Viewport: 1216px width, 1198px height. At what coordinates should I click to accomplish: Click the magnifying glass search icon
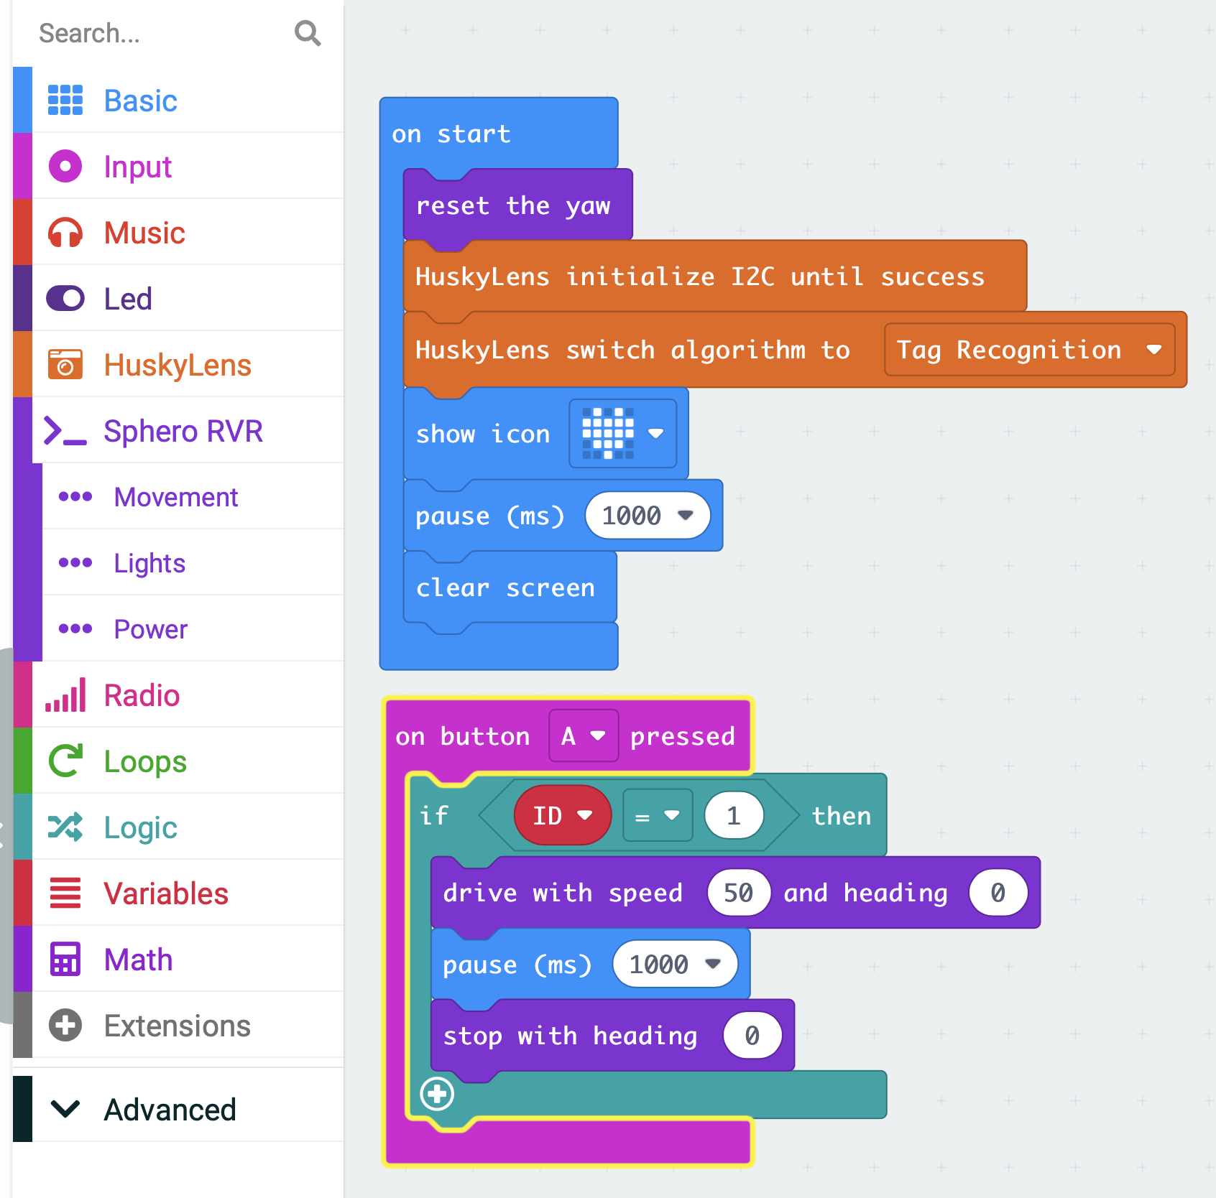click(x=308, y=33)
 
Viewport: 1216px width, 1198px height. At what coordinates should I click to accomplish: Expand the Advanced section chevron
click(x=65, y=1109)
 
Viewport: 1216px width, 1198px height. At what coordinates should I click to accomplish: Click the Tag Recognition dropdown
click(x=1029, y=350)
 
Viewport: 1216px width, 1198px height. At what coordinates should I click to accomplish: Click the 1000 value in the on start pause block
click(x=648, y=515)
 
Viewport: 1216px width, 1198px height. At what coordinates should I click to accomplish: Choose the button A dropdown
click(x=584, y=735)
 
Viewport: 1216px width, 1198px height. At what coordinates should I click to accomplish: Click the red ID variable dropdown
click(x=563, y=815)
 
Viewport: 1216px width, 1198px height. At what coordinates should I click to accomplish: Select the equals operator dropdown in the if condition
click(x=658, y=815)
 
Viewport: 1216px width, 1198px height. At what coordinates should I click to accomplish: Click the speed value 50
click(x=739, y=893)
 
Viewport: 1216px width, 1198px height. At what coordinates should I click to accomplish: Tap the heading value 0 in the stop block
click(x=752, y=1036)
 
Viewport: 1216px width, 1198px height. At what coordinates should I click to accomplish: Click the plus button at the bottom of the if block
click(x=437, y=1094)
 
